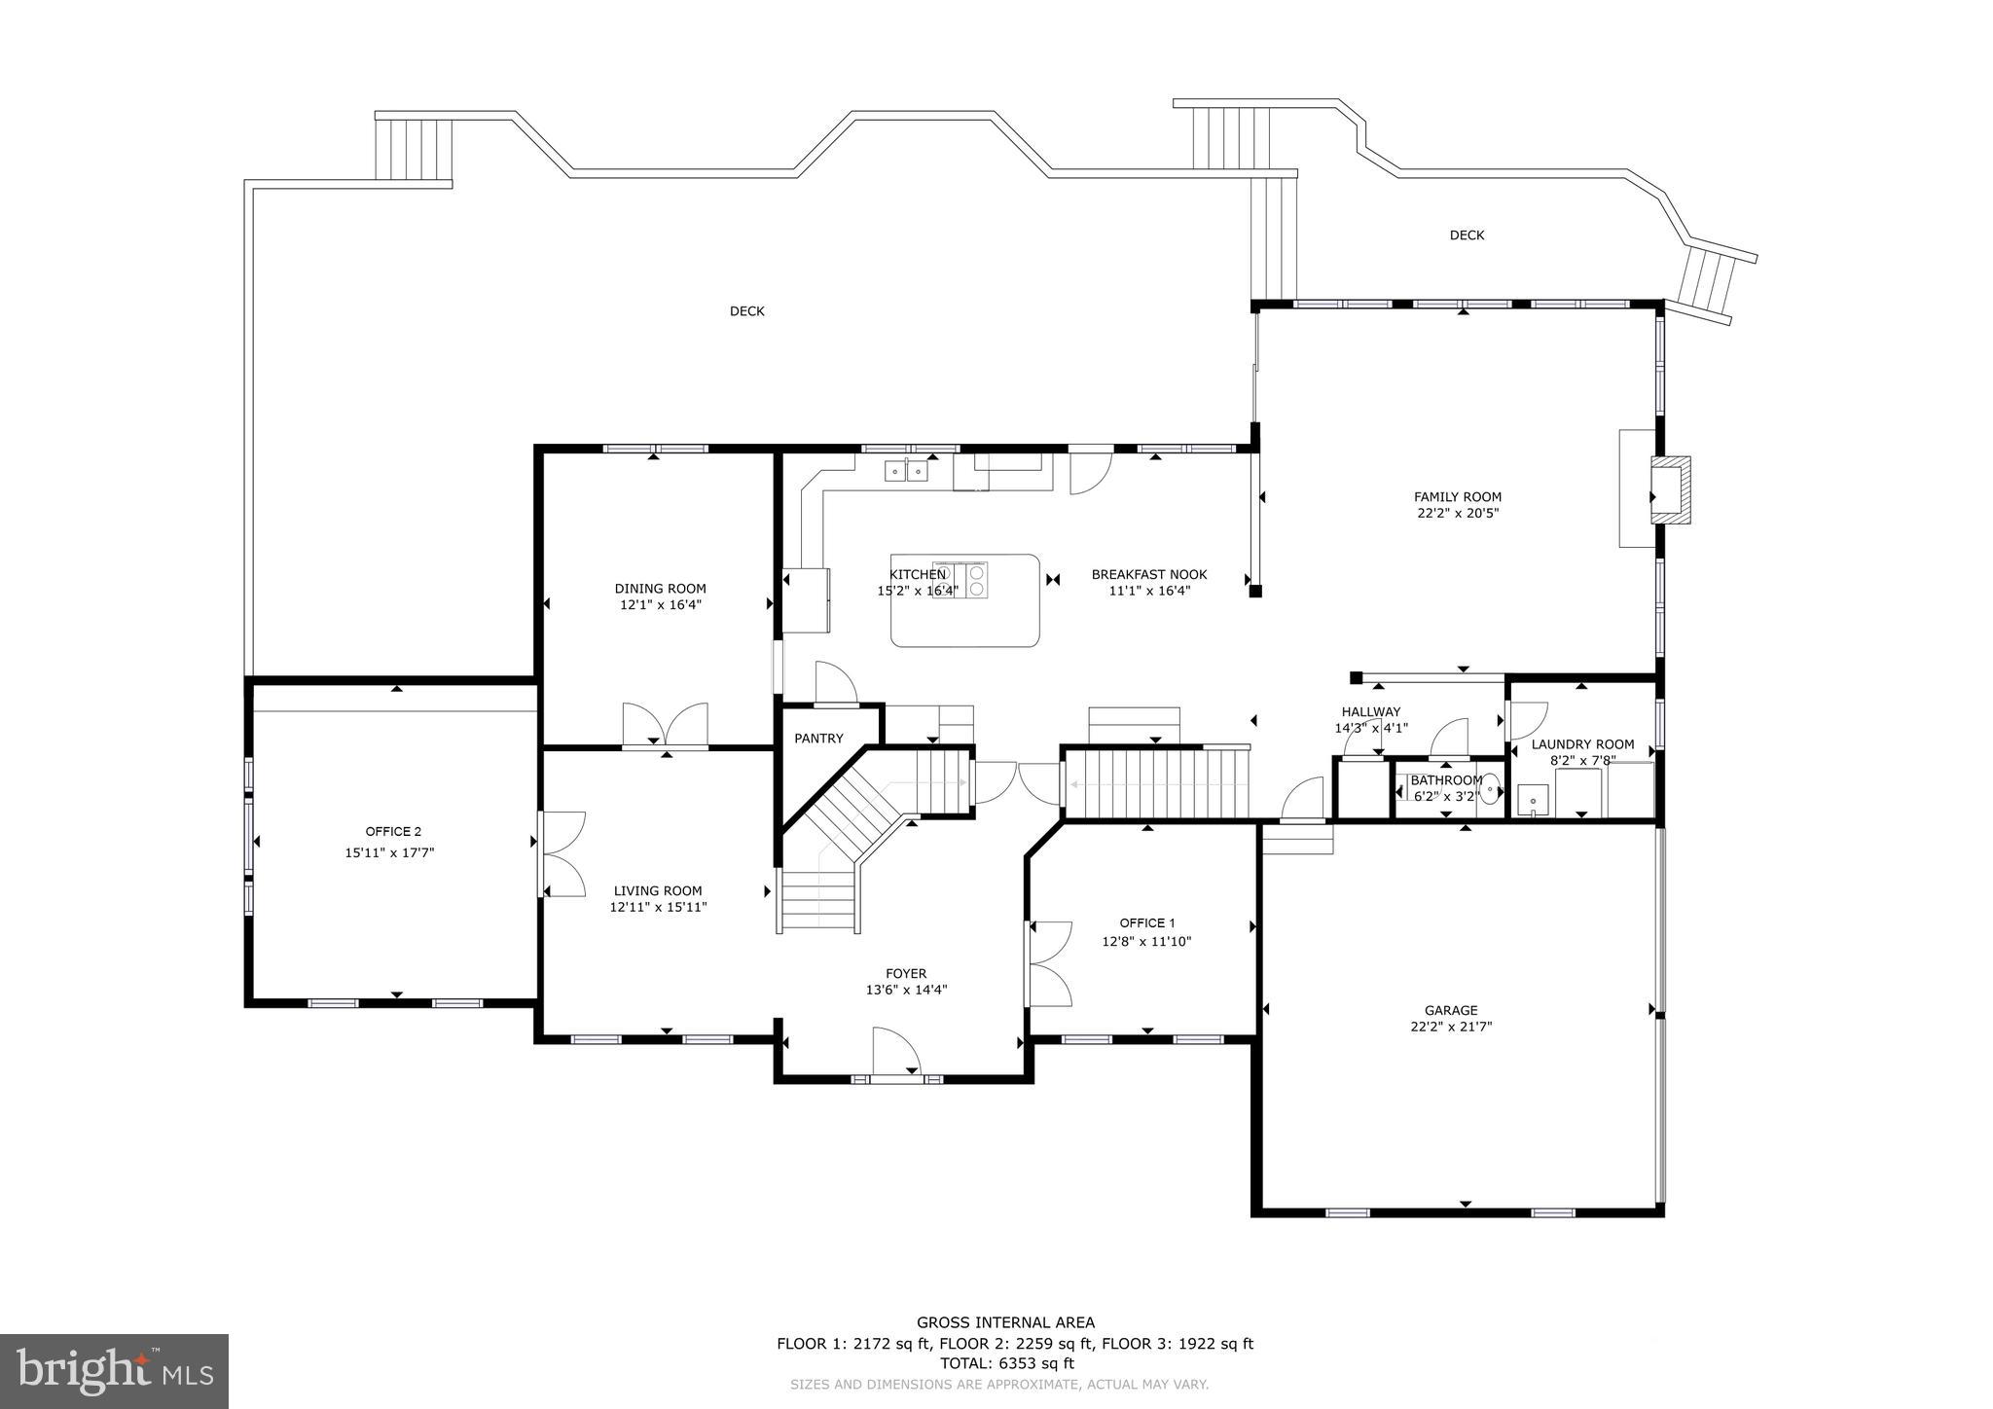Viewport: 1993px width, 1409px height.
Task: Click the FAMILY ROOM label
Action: tap(1457, 496)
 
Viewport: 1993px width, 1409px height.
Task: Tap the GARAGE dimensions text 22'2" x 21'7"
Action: tap(1451, 1026)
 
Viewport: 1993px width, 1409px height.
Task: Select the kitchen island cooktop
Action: tap(960, 579)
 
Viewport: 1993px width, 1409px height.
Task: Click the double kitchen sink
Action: tap(906, 472)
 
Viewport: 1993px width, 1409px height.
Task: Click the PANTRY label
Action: tap(818, 739)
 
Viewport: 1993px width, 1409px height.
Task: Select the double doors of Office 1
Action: tap(1049, 963)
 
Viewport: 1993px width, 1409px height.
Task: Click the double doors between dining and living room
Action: tap(666, 726)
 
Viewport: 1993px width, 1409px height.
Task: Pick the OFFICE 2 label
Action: tap(393, 831)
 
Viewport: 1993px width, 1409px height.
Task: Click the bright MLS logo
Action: tap(114, 1371)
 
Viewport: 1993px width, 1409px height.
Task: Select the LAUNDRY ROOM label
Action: tap(1582, 744)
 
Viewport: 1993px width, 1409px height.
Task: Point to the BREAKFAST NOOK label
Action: tap(1148, 574)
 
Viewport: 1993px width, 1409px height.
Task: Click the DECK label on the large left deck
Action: tap(746, 311)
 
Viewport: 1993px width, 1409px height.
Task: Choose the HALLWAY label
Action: tap(1370, 711)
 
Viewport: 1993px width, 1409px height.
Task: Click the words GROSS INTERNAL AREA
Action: tap(1005, 1322)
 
